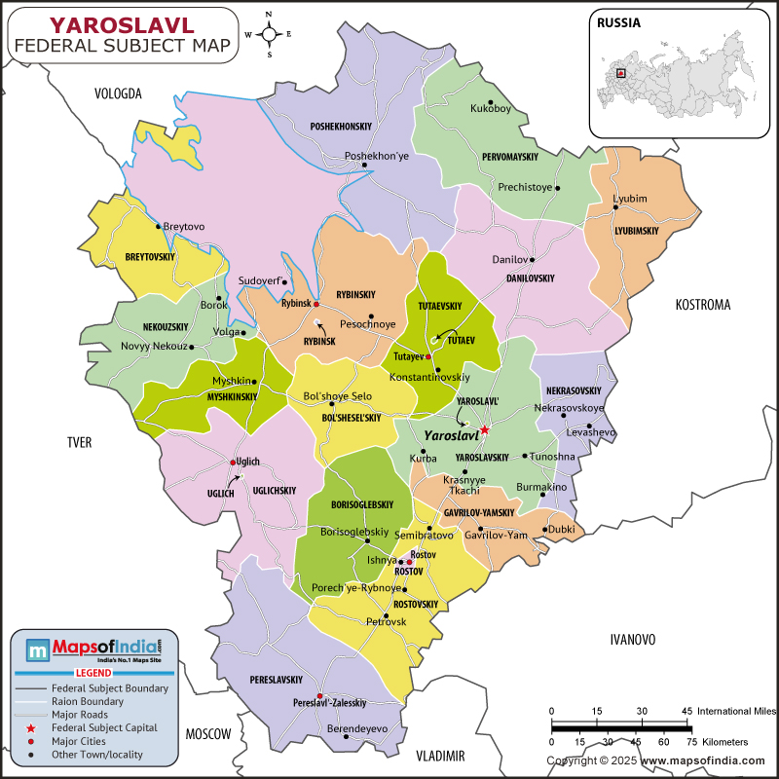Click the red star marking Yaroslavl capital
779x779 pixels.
(484, 429)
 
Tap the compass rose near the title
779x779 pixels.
(270, 34)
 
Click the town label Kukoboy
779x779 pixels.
(490, 109)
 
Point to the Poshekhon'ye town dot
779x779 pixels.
(365, 166)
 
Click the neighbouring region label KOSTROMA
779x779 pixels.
(702, 305)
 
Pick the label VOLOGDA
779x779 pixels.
(118, 94)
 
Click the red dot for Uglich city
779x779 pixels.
(233, 462)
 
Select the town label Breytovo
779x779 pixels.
(184, 226)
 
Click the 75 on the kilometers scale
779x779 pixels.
(691, 742)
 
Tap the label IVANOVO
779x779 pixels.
(632, 640)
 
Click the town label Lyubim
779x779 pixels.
(629, 199)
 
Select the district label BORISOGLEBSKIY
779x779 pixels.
(361, 504)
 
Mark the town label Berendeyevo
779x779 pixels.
(356, 728)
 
